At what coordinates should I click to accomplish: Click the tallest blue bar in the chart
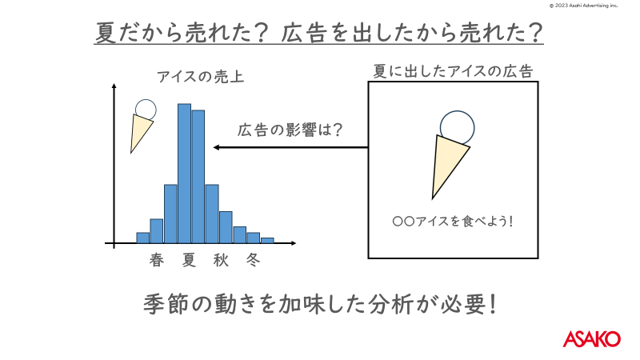point(185,174)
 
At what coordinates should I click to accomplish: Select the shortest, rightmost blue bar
point(267,241)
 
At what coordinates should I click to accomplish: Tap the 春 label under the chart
point(157,260)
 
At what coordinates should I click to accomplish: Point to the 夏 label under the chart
point(189,260)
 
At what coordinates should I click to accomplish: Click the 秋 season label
point(221,260)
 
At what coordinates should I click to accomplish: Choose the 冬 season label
point(253,260)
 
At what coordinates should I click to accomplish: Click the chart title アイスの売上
point(201,77)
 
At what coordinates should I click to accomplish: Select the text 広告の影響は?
point(290,130)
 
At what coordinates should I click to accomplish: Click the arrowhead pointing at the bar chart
point(217,147)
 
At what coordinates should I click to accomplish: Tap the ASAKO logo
point(592,338)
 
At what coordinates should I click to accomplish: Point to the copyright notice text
point(583,6)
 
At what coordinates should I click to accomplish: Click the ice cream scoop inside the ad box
point(457,128)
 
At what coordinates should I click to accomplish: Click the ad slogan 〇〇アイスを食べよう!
point(452,222)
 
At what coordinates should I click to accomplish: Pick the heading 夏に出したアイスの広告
point(453,71)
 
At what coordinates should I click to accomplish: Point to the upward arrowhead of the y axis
point(114,86)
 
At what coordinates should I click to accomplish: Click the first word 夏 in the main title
point(106,33)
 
